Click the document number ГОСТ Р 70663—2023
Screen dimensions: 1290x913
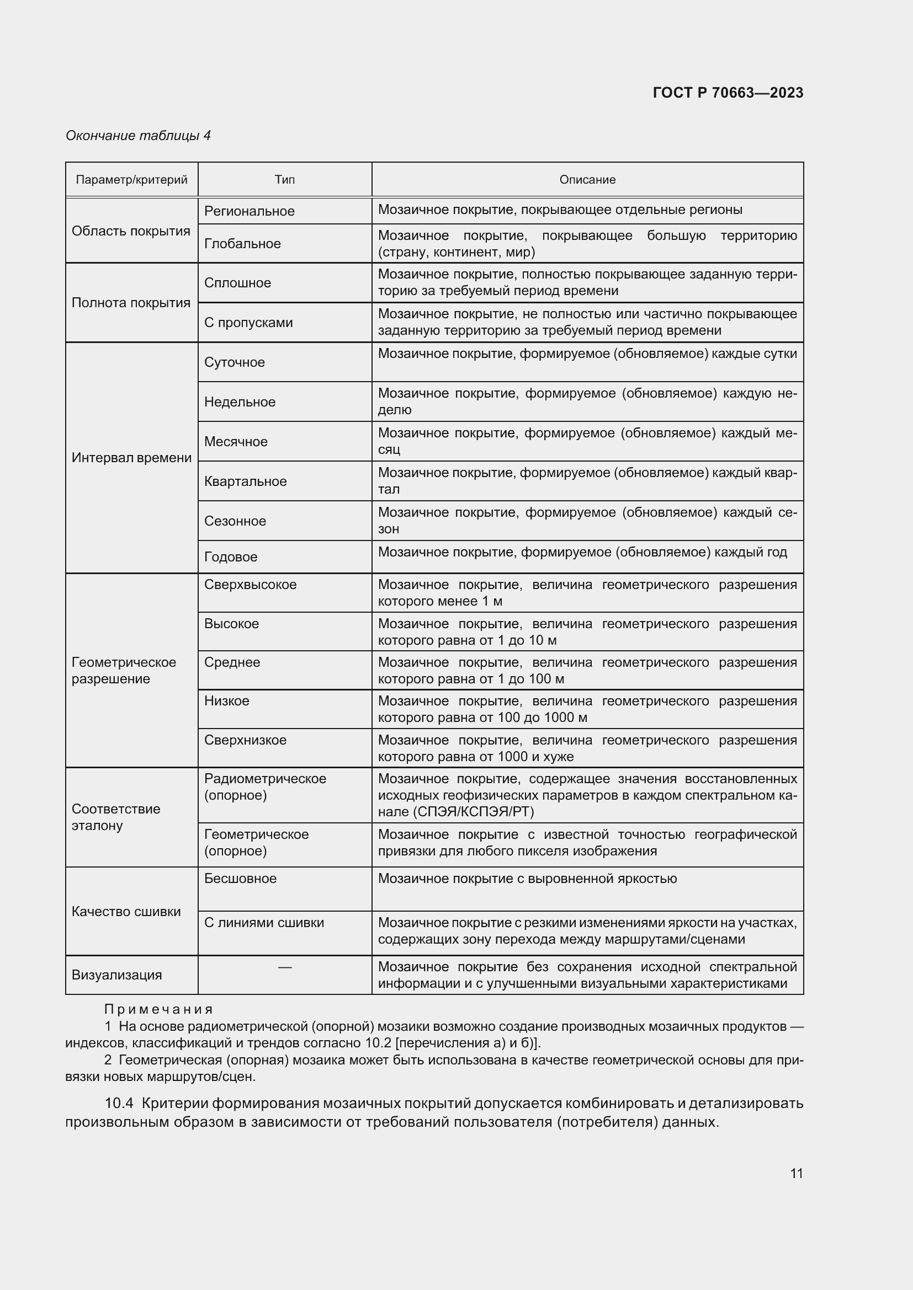tap(728, 93)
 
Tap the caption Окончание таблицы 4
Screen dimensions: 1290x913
tap(138, 136)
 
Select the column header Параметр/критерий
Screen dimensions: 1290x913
tap(131, 180)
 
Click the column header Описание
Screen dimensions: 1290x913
tap(587, 180)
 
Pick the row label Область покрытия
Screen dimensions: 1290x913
tap(131, 231)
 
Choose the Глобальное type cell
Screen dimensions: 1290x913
tap(242, 243)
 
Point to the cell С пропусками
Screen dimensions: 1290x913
tap(248, 323)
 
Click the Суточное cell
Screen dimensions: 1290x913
tap(235, 362)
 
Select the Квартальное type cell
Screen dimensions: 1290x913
tap(245, 481)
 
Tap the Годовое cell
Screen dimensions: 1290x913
tap(231, 557)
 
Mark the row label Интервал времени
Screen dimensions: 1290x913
tap(131, 458)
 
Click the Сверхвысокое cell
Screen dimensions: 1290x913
tap(250, 584)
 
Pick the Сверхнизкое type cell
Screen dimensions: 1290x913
tap(245, 740)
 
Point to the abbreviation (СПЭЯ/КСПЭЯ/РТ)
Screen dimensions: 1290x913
tap(474, 811)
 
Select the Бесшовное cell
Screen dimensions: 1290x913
tap(240, 878)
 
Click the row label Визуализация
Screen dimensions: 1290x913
tap(116, 975)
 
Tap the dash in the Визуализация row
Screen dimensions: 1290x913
tap(284, 967)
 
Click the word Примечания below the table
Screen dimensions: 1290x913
tap(158, 1010)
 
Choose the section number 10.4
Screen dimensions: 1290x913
tap(119, 1104)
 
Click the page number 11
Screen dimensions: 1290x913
tap(796, 1173)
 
